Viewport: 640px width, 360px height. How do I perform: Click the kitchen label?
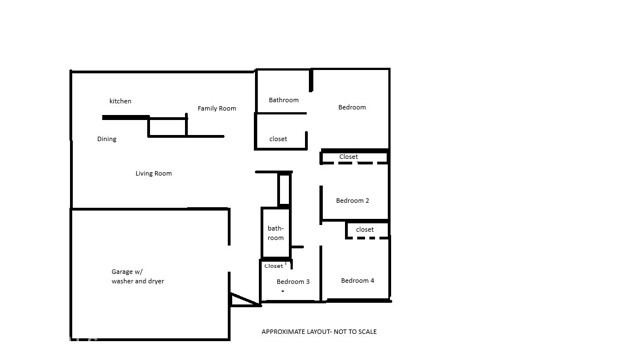120,101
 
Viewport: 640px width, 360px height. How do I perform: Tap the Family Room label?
216,108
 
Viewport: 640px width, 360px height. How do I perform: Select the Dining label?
107,139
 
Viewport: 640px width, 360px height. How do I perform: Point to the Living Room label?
154,174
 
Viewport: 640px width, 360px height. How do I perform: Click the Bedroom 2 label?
352,201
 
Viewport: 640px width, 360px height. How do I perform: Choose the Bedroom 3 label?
293,282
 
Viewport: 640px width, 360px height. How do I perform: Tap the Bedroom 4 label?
357,281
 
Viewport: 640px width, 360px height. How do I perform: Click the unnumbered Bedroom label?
351,108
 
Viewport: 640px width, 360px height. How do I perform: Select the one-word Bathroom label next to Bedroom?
283,100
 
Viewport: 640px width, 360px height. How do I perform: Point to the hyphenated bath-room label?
276,233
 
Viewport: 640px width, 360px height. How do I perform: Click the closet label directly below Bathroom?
279,139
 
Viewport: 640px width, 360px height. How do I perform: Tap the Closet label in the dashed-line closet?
348,157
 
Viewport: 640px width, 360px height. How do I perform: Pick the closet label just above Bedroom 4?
365,230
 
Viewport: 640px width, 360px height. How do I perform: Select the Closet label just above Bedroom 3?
274,266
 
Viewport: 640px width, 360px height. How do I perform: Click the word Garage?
122,272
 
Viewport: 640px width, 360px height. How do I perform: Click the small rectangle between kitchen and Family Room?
167,127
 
